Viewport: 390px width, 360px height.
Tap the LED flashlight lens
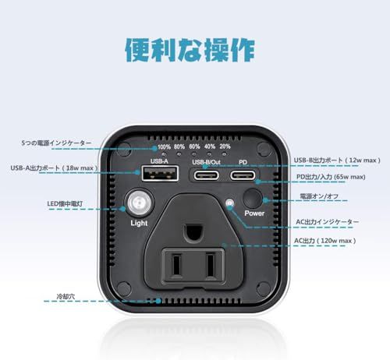(139, 203)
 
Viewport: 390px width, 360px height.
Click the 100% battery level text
(165, 146)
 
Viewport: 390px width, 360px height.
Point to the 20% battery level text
(225, 146)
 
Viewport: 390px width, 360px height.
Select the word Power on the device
(255, 213)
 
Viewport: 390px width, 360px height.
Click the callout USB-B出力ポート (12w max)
(336, 161)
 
